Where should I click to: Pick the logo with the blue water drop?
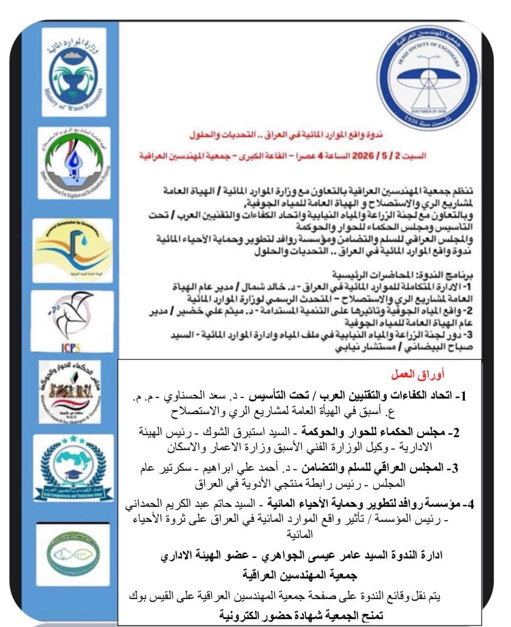pyautogui.click(x=74, y=160)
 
